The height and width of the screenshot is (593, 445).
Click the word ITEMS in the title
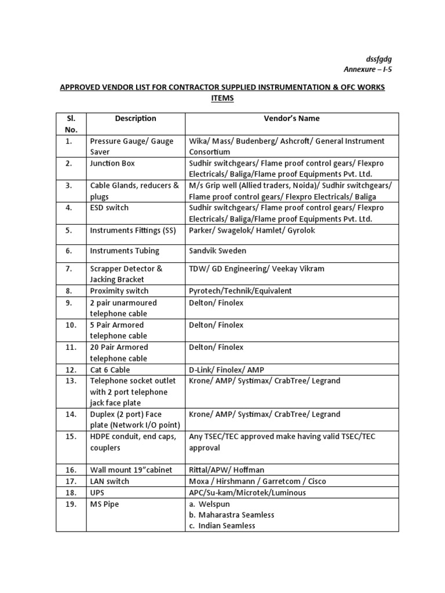pos(222,98)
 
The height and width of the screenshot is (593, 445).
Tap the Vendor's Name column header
pos(291,118)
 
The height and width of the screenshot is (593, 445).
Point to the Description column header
pos(136,118)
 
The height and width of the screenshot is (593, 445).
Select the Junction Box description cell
pos(112,163)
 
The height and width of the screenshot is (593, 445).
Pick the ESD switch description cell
pos(110,207)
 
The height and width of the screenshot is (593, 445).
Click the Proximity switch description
pos(119,291)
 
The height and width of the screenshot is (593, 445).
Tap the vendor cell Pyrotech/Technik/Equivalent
pos(240,291)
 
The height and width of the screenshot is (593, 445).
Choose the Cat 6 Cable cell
pos(110,369)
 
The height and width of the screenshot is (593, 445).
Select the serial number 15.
pos(71,437)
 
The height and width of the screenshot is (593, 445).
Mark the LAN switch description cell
pos(110,481)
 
